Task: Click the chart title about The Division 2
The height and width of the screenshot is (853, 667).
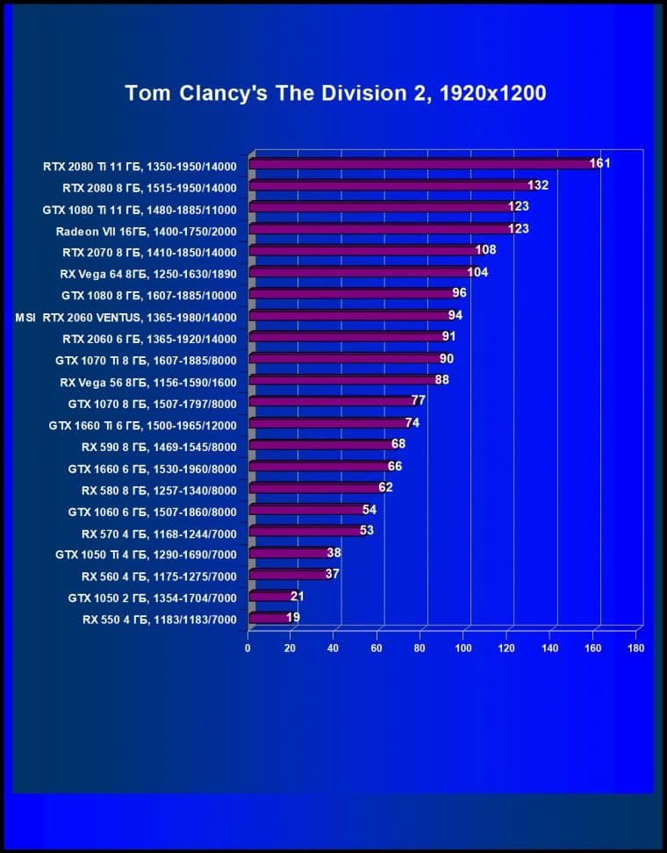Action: pos(336,93)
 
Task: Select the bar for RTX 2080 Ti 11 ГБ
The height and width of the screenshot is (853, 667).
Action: pos(421,163)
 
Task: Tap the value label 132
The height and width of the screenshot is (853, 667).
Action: pos(538,184)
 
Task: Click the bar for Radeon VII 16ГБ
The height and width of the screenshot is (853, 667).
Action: pos(382,228)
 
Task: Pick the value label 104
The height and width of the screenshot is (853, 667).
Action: pos(477,272)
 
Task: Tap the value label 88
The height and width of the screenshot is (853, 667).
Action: pos(441,380)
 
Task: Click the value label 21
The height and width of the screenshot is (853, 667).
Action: pos(296,596)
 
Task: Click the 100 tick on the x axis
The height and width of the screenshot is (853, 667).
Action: pos(463,649)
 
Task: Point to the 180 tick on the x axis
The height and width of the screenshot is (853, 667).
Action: pos(636,649)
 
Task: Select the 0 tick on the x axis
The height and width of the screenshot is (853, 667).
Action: pos(247,649)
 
